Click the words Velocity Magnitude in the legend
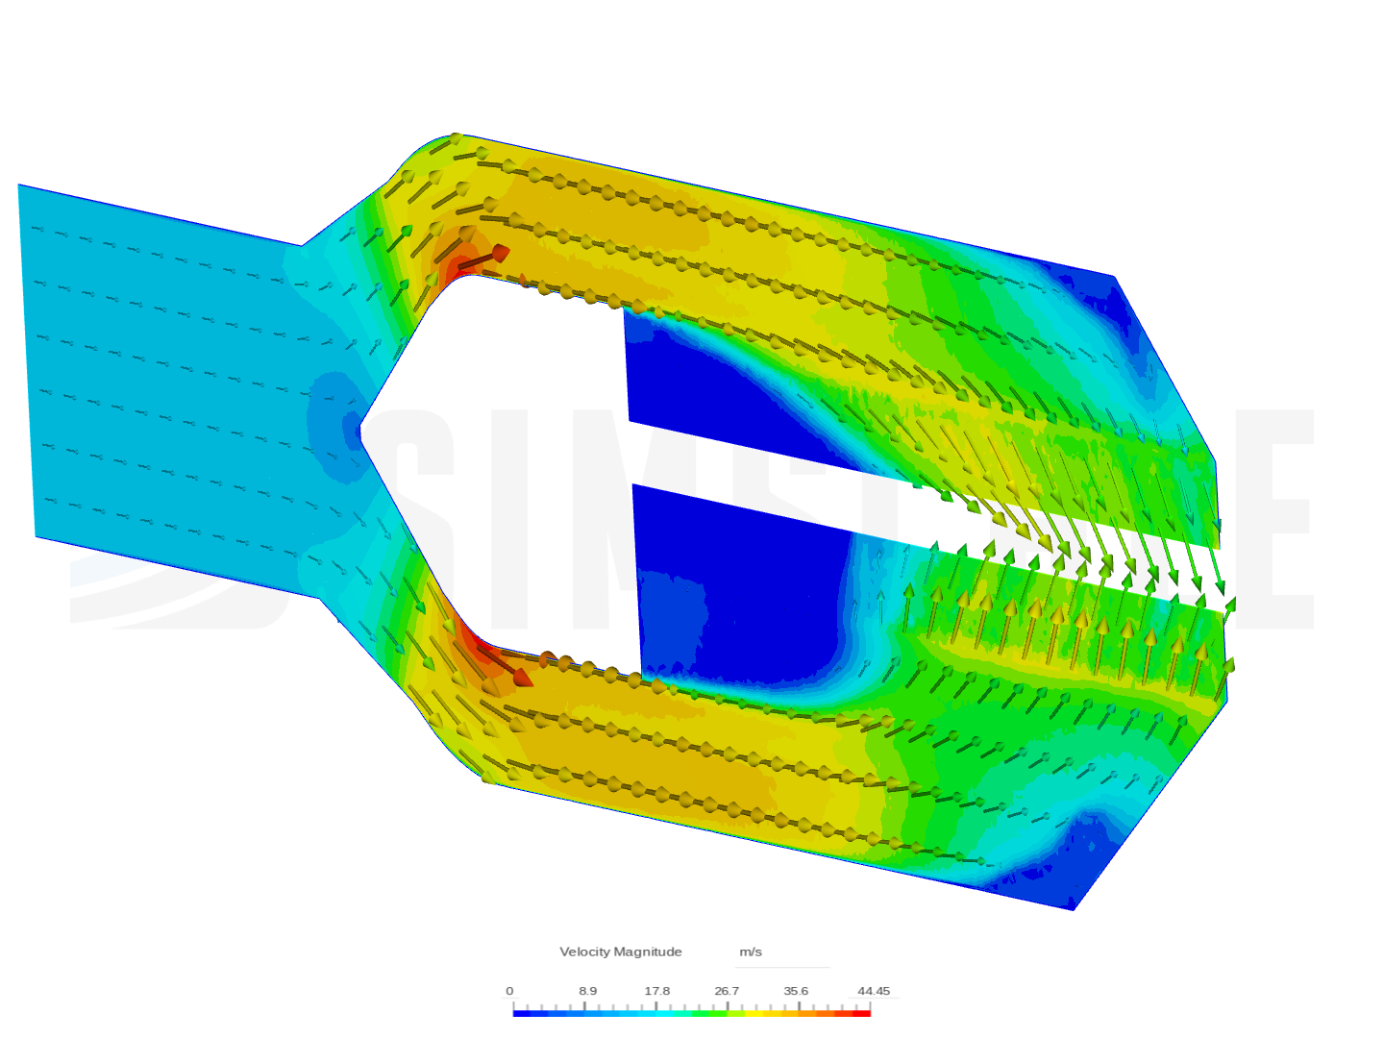[x=620, y=951]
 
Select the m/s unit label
[x=750, y=951]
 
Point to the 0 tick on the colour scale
[x=509, y=991]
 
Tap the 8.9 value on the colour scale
[x=587, y=991]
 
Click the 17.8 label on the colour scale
[x=656, y=991]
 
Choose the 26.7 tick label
[x=727, y=991]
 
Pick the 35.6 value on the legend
[x=796, y=991]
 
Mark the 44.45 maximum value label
[x=874, y=991]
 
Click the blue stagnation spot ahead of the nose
[x=327, y=423]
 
